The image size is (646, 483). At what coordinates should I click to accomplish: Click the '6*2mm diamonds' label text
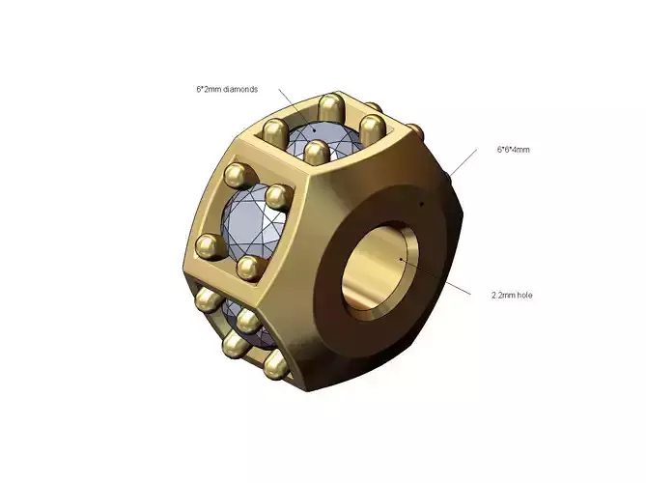(227, 89)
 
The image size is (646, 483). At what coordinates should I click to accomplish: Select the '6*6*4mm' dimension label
(514, 150)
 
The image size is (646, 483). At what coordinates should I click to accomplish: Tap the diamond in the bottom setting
(238, 324)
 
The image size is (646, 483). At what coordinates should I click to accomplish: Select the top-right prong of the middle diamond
(279, 197)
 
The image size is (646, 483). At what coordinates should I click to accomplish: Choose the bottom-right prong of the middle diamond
(249, 268)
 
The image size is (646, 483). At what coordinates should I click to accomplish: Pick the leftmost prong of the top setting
(273, 127)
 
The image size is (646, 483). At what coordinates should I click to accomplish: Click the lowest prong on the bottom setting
(274, 364)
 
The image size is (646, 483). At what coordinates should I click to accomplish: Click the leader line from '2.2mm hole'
(439, 275)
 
